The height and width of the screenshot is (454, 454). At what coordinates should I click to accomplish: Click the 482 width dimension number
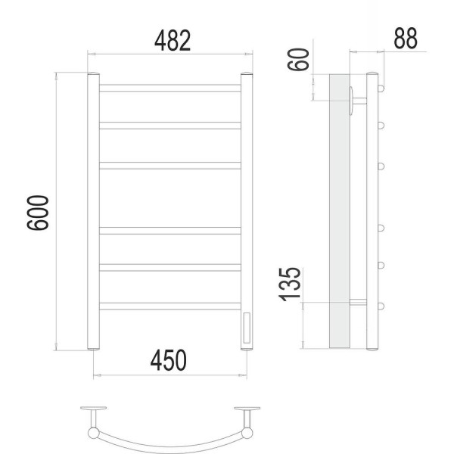173,41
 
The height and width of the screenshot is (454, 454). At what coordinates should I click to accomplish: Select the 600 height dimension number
38,213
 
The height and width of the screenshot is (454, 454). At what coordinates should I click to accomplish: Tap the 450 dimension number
169,360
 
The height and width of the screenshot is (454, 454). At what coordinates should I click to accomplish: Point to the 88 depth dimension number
406,38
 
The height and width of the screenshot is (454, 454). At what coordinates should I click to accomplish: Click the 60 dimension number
298,59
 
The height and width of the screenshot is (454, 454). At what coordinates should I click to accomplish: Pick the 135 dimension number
290,285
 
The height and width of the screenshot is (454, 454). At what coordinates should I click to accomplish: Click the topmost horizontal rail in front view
170,88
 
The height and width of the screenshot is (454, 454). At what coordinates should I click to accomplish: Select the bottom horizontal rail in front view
170,306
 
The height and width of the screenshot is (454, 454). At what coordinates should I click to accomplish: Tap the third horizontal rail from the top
170,166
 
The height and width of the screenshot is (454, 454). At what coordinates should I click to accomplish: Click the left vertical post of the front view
94,211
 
